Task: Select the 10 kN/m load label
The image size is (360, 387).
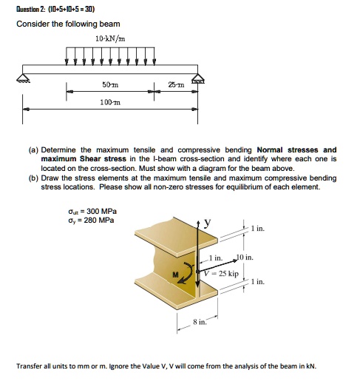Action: click(110, 38)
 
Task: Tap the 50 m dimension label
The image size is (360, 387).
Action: click(111, 87)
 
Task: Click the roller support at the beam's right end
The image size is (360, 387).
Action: click(197, 76)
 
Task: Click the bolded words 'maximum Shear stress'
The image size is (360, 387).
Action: click(84, 158)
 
